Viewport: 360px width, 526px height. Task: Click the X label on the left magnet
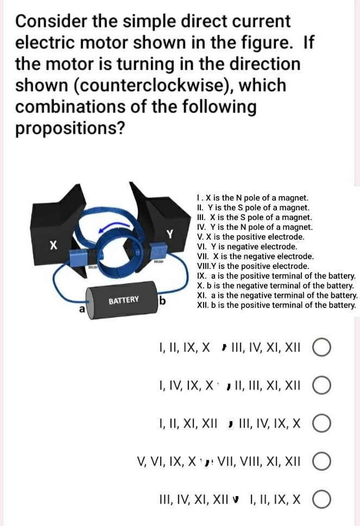pos(53,246)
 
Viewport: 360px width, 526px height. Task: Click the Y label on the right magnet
pos(169,235)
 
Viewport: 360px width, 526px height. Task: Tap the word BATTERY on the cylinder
pos(123,300)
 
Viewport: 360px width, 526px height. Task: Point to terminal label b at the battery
pos(162,302)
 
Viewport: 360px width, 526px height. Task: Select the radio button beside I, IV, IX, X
pos(321,385)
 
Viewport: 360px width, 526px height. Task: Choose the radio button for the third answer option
pos(321,423)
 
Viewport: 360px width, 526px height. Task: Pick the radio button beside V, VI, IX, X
pos(321,462)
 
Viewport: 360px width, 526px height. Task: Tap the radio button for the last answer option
pos(321,499)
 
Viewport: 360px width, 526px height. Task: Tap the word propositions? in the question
pos(70,128)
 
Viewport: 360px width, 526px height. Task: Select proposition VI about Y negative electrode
pos(247,246)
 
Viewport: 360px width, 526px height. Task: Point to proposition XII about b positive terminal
pos(276,305)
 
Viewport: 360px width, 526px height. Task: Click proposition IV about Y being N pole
pos(255,227)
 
